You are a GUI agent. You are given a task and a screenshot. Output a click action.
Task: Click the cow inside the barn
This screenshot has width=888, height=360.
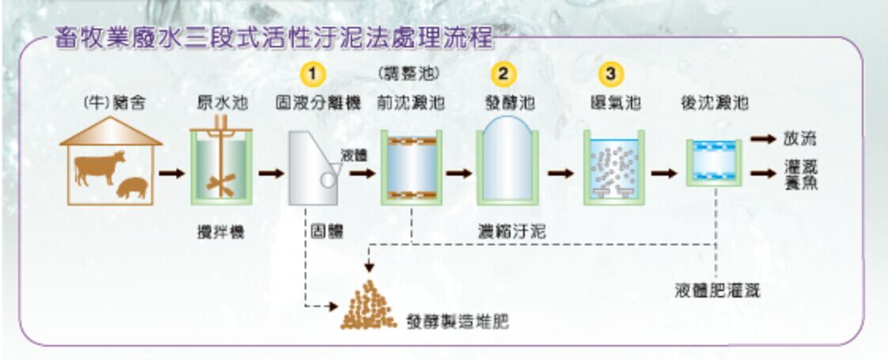pos(99,167)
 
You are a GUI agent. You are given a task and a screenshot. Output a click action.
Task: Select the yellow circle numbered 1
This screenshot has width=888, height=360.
pos(313,74)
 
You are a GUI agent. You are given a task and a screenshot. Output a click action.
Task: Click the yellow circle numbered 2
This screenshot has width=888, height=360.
pos(503,74)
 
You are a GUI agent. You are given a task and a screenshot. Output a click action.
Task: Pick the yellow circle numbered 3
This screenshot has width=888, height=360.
pos(610,74)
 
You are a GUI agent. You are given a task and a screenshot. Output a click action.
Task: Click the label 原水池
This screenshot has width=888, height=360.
pos(219,104)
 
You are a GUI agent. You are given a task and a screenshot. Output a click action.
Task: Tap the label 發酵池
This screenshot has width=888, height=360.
pos(507,104)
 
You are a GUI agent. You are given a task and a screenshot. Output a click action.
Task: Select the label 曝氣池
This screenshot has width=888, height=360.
pos(615,104)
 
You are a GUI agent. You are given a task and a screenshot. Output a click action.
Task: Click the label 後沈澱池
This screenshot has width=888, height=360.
pos(715,104)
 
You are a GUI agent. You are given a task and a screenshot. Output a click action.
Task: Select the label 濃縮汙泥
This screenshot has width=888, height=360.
pos(511,231)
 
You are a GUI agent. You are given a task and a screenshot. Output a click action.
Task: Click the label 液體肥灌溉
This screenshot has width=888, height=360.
pos(717,290)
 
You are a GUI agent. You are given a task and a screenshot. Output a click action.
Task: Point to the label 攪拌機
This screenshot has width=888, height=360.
pos(220,232)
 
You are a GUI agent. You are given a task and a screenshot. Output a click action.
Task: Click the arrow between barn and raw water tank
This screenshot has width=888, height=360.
pos(171,172)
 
